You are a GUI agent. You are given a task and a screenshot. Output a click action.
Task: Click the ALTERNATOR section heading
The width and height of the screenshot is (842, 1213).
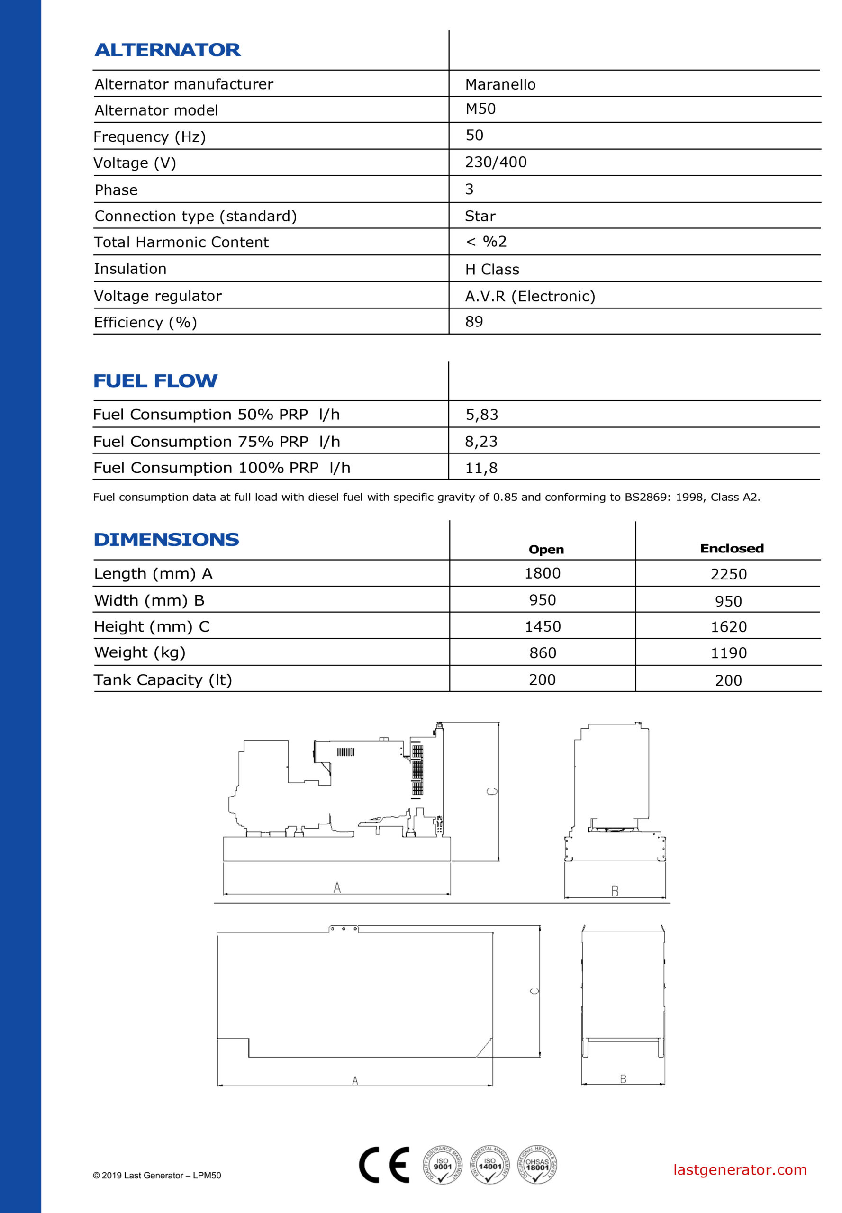(x=167, y=50)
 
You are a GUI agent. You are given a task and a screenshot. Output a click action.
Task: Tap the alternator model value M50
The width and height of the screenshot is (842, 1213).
(x=480, y=109)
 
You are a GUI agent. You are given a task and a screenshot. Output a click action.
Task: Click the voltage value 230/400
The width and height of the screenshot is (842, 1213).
(x=495, y=162)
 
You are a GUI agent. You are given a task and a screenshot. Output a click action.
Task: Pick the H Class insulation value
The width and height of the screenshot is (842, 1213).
(x=492, y=270)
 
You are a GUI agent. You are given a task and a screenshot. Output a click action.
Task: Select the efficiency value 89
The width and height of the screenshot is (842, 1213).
(x=474, y=321)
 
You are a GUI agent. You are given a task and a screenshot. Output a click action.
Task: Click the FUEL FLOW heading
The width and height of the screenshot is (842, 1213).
(x=155, y=380)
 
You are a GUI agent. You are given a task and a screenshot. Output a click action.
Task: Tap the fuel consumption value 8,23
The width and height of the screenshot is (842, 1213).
(x=480, y=441)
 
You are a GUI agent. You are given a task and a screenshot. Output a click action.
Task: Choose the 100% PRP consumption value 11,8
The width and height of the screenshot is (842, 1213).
(x=480, y=468)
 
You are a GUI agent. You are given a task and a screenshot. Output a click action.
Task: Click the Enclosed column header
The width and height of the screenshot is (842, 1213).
(x=731, y=548)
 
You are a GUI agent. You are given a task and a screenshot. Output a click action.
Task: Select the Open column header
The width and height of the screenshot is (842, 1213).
(x=546, y=549)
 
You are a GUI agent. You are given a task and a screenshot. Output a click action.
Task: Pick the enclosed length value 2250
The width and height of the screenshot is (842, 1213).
(x=728, y=574)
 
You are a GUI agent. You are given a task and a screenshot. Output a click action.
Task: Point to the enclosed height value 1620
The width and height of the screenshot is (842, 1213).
(x=728, y=627)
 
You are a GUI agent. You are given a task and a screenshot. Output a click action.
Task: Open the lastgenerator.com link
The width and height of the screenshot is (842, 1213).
(x=740, y=1169)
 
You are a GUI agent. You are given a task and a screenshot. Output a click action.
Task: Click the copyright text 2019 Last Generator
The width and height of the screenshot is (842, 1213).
(x=157, y=1175)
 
